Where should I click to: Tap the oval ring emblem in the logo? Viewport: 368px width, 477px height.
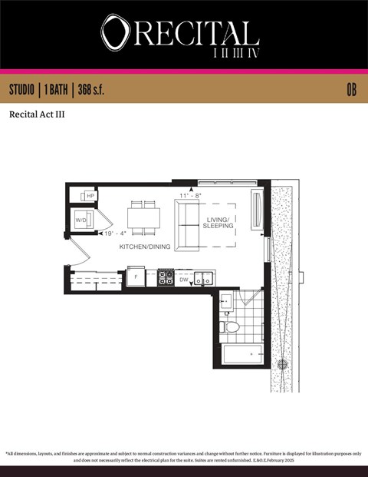click(x=116, y=34)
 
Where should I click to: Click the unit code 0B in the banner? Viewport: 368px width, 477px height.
click(x=351, y=90)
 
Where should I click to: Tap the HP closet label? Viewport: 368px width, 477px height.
click(x=90, y=197)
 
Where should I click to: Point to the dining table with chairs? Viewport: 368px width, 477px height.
click(x=144, y=218)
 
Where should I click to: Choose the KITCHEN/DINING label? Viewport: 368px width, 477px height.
click(x=146, y=247)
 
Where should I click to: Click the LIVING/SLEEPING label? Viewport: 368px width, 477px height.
click(x=221, y=223)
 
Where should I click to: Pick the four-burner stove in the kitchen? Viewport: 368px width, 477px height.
click(x=166, y=277)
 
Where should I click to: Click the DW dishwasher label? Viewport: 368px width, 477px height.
click(x=184, y=280)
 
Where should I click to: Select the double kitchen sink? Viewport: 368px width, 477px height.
click(x=203, y=279)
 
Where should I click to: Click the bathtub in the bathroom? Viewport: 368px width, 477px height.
click(x=241, y=354)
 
